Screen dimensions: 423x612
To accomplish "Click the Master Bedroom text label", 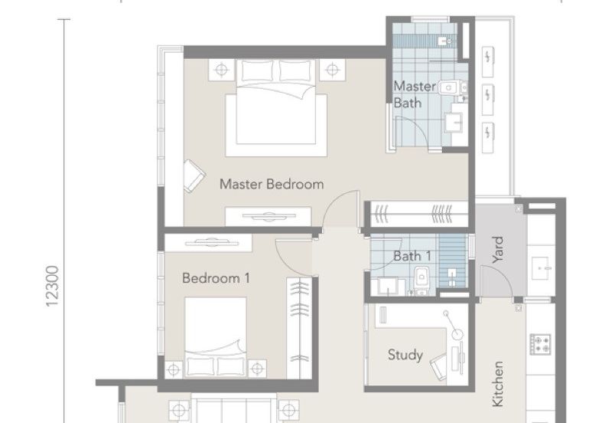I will click(x=272, y=184).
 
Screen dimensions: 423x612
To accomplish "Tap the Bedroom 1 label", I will click(x=216, y=278).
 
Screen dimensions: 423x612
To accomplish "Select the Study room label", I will click(x=405, y=355).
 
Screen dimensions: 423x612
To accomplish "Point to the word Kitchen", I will click(x=498, y=383).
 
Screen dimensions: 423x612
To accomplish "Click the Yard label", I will click(x=498, y=249).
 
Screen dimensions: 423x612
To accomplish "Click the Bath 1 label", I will click(x=412, y=256).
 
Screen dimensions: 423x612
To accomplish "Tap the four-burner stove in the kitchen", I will click(x=542, y=343).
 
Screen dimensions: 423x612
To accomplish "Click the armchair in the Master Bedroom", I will click(x=193, y=175).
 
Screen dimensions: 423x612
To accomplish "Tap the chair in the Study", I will click(x=439, y=369).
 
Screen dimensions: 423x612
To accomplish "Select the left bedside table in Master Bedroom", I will click(x=222, y=70).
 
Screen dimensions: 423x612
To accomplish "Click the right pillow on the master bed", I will click(x=295, y=70).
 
